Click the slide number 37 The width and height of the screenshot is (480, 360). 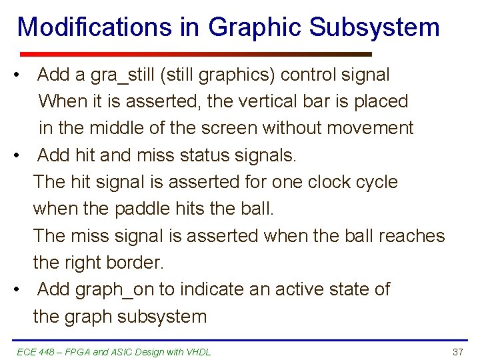(x=457, y=352)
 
